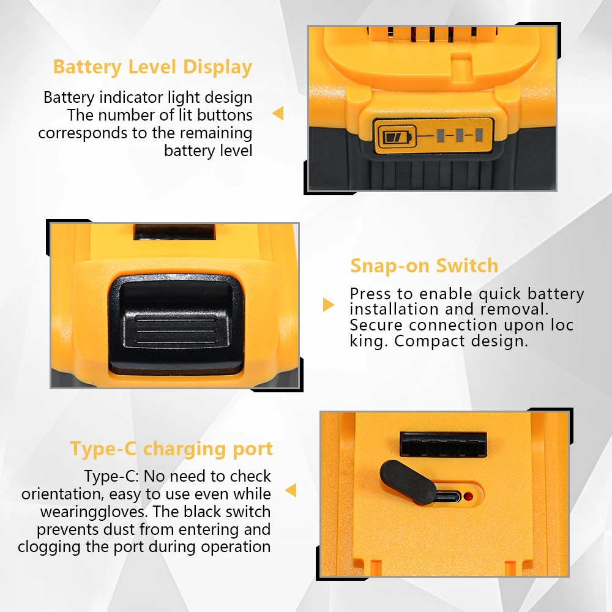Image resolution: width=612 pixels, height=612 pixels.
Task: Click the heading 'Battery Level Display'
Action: [152, 67]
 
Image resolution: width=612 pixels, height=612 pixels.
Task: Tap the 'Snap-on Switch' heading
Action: [424, 266]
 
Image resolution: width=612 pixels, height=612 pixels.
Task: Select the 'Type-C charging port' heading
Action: [171, 449]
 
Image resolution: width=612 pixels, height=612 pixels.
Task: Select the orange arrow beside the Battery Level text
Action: [278, 113]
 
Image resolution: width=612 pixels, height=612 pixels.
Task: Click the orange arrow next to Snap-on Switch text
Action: [329, 304]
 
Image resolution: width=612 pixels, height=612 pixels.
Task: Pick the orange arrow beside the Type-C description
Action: [291, 490]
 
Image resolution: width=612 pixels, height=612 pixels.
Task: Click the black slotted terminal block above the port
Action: [442, 444]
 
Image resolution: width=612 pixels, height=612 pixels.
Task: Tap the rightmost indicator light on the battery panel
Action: [479, 135]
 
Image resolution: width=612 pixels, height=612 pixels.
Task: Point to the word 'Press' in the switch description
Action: [370, 294]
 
